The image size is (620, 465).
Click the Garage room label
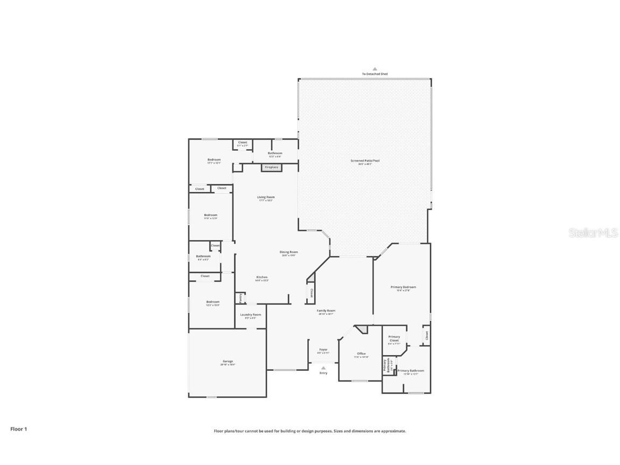228,362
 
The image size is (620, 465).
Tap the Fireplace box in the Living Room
271,167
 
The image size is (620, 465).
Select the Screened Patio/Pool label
361,161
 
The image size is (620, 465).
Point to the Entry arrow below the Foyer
323,368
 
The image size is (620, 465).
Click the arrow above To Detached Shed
375,69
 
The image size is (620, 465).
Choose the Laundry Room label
250,315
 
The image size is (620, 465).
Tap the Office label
361,355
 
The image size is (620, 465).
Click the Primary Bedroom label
403,288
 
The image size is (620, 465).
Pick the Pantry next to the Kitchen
240,298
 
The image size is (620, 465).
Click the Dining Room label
288,253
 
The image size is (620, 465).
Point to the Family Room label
326,312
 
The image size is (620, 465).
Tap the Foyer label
323,350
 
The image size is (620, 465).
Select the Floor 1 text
18,429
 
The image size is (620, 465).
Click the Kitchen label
262,278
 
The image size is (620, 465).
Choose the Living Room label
266,198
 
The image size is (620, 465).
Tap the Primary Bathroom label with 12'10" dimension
411,371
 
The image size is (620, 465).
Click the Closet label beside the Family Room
311,293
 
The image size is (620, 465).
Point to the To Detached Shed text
375,74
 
